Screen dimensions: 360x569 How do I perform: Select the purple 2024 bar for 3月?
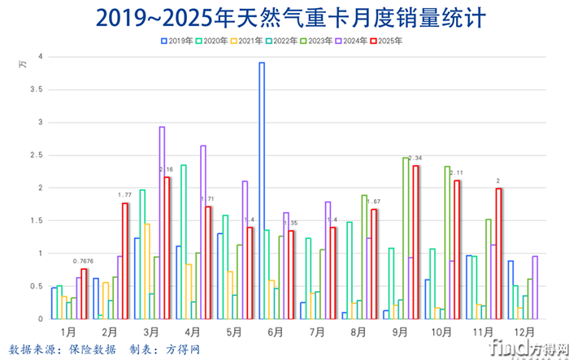click(x=162, y=223)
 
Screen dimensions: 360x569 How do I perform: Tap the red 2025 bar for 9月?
click(x=416, y=242)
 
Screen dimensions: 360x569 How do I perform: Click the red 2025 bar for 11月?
click(x=499, y=253)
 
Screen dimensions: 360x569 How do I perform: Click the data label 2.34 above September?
click(x=415, y=158)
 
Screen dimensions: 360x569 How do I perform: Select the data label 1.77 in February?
click(x=126, y=195)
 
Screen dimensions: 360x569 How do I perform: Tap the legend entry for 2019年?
click(x=176, y=39)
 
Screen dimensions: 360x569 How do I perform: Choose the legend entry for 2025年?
click(x=388, y=39)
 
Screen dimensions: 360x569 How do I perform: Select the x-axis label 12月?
click(x=523, y=332)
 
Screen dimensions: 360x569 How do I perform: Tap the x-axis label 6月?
click(x=275, y=332)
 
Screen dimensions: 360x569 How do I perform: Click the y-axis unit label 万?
click(x=23, y=63)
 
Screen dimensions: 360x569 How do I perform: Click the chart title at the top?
click(x=284, y=17)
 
